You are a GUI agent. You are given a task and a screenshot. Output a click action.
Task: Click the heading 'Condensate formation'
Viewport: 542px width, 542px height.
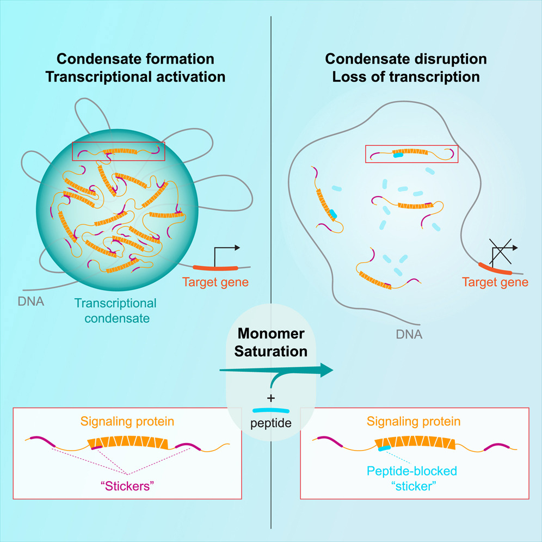pyautogui.click(x=135, y=59)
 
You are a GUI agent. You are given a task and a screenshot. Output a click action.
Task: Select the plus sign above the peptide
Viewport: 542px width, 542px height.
pyautogui.click(x=271, y=399)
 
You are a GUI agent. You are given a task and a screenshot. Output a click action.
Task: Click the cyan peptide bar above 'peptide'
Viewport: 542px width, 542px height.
pyautogui.click(x=271, y=411)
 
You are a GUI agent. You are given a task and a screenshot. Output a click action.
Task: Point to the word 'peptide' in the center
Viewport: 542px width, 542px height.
pyautogui.click(x=271, y=423)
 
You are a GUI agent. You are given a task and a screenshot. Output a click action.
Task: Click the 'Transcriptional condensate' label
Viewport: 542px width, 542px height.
pyautogui.click(x=115, y=311)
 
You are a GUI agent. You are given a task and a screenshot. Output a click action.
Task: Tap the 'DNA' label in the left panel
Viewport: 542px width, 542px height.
pyautogui.click(x=30, y=301)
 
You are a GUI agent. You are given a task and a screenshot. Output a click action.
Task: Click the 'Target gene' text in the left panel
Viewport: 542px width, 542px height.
pyautogui.click(x=215, y=282)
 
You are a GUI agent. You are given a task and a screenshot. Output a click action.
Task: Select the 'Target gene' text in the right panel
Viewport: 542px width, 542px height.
pyautogui.click(x=495, y=282)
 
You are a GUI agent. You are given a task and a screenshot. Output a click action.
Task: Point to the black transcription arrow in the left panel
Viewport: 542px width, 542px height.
pyautogui.click(x=226, y=253)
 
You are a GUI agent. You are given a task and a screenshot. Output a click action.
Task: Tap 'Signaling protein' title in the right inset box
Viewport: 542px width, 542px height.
pyautogui.click(x=414, y=421)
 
